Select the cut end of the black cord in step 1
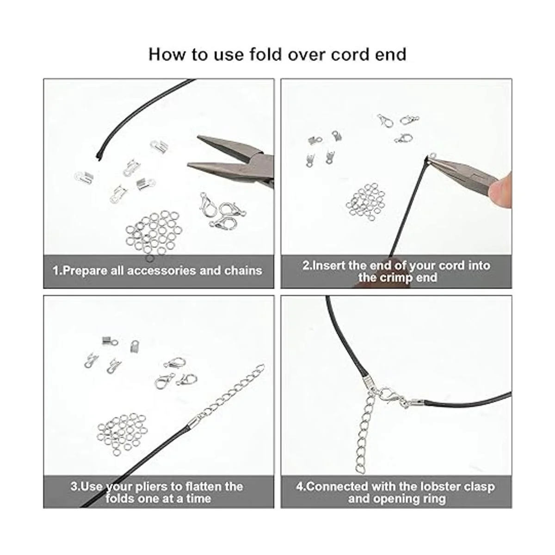pos(99,156)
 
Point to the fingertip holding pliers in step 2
pos(502,189)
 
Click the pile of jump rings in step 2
pos(366,202)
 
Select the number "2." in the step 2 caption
pos(307,265)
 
